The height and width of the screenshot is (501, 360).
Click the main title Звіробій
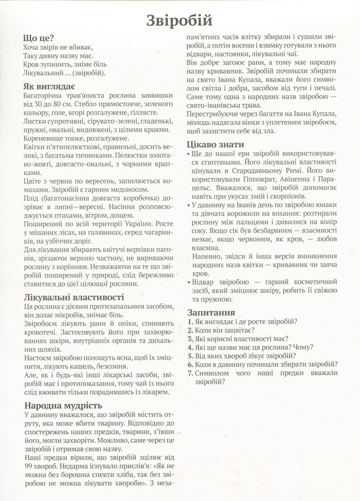[x=180, y=21]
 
